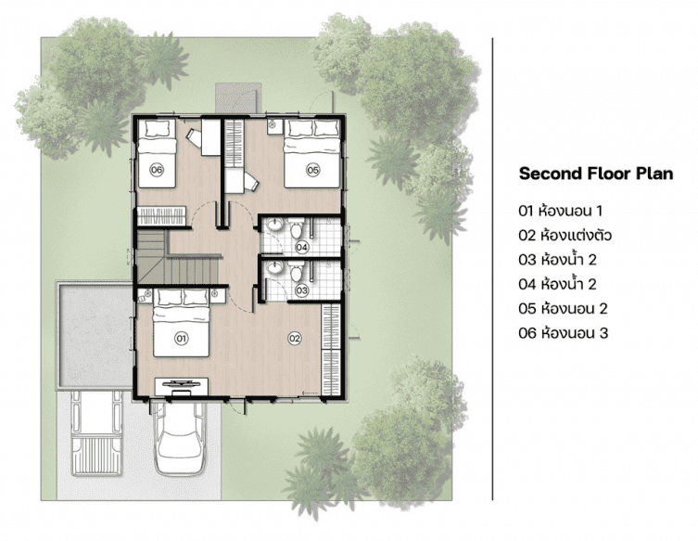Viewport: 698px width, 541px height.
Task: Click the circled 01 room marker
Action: [181, 338]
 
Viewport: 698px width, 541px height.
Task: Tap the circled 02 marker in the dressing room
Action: [295, 338]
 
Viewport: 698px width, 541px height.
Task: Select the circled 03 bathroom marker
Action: [302, 290]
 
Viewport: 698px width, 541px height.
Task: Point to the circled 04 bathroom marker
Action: [302, 247]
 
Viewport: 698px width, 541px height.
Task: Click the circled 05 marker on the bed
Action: [313, 169]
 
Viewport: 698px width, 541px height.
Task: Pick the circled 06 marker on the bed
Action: [157, 169]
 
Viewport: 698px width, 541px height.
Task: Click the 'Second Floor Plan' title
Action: [596, 173]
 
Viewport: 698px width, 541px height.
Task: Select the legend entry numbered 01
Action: [561, 211]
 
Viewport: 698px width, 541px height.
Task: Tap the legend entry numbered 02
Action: [565, 235]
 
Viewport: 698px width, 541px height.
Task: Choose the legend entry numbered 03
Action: [557, 259]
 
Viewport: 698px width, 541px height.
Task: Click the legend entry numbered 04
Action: [557, 284]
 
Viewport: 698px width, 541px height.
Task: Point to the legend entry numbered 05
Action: [563, 308]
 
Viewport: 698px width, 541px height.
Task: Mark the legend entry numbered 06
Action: [563, 333]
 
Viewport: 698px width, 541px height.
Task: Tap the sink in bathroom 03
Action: [274, 268]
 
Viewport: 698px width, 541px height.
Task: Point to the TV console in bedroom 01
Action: [181, 386]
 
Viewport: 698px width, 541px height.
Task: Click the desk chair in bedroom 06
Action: [194, 135]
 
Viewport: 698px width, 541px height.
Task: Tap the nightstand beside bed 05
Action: [273, 126]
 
